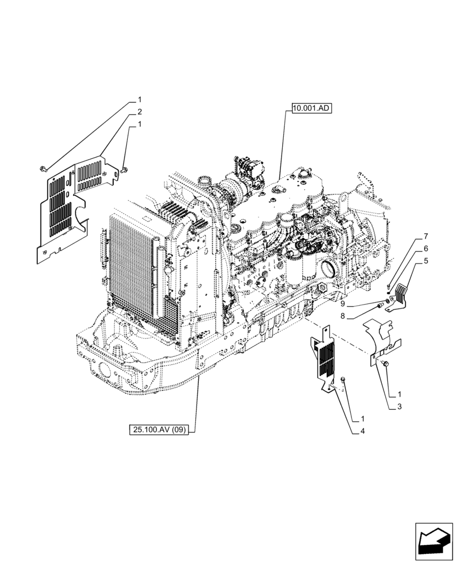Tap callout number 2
tap(139, 111)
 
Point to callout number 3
tap(399, 406)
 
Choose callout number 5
tap(426, 261)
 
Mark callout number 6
tap(426, 248)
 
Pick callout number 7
tap(426, 236)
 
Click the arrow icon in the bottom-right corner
tap(433, 540)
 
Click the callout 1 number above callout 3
tap(399, 394)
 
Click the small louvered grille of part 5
tap(401, 292)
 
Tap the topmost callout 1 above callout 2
tap(139, 99)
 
